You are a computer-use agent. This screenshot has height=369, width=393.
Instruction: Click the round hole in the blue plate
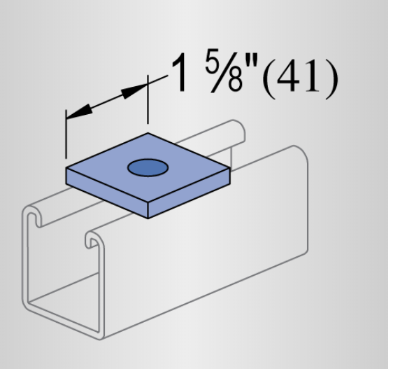(147, 168)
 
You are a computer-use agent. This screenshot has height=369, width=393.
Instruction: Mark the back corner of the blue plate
(148, 133)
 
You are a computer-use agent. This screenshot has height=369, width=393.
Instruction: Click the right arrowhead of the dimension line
(136, 89)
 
